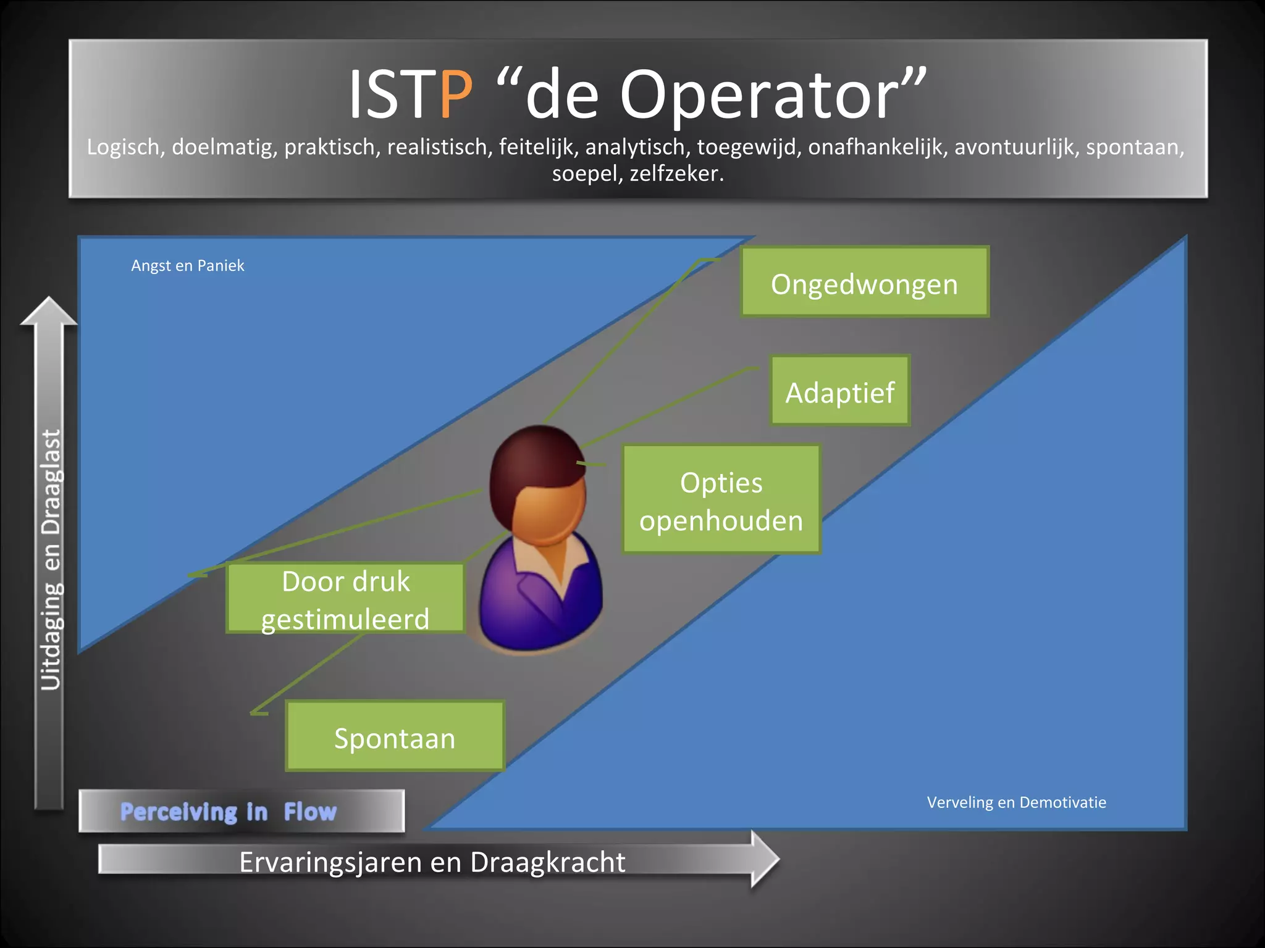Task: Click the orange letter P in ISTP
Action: pos(456,96)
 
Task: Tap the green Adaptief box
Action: pos(840,391)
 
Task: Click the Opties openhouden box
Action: pos(721,500)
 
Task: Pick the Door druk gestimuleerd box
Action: pos(345,599)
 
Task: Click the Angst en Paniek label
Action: pos(188,266)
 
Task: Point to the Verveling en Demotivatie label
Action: pos(1016,802)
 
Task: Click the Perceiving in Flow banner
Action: pos(242,811)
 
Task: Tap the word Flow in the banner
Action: pos(310,812)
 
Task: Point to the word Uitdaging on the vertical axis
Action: pos(51,636)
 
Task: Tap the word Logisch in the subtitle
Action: pos(124,148)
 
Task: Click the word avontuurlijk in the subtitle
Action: pos(1015,148)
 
